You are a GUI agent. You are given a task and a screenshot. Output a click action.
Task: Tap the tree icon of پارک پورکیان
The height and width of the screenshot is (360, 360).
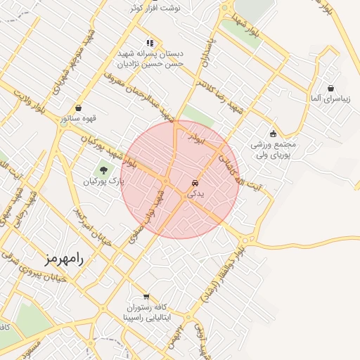tap(103, 170)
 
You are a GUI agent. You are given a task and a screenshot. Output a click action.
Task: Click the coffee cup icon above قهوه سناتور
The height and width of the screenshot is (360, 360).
tap(78, 108)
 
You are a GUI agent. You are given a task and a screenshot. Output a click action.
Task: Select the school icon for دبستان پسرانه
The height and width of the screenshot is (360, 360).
tap(149, 42)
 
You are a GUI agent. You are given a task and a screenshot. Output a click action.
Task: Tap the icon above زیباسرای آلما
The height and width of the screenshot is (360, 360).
tap(330, 88)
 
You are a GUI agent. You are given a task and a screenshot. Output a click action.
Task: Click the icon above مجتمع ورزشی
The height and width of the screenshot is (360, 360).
tap(274, 134)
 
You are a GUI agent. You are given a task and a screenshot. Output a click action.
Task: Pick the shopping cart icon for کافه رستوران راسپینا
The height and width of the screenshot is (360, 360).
tap(146, 297)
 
